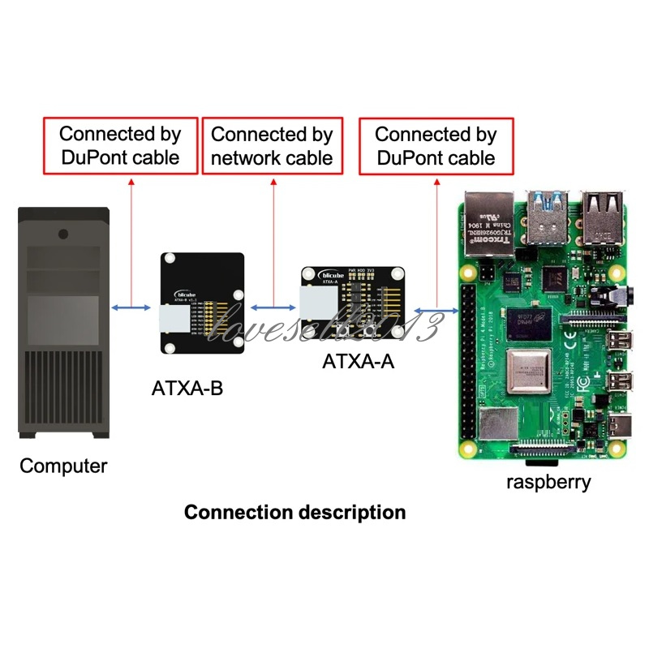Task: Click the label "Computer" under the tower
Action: click(63, 466)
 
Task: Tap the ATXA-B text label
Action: click(187, 389)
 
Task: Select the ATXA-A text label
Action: click(359, 361)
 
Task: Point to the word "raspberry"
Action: click(548, 481)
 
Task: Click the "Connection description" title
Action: click(295, 513)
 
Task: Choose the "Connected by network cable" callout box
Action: click(272, 146)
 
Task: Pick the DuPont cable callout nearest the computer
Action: click(120, 146)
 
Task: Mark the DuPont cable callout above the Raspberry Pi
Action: click(436, 146)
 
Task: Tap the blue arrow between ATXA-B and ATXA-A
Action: click(273, 307)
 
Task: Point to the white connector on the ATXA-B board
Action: click(174, 319)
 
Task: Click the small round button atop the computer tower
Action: click(62, 234)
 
